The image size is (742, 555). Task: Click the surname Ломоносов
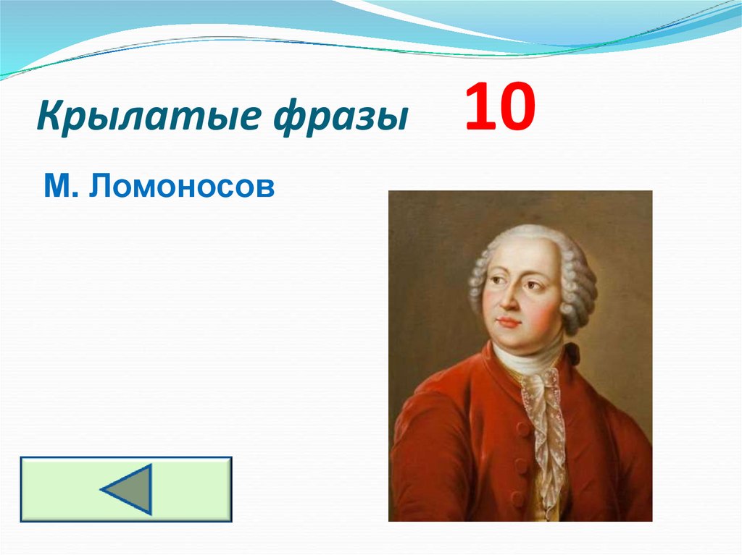point(182,187)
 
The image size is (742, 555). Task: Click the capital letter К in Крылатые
point(49,116)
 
